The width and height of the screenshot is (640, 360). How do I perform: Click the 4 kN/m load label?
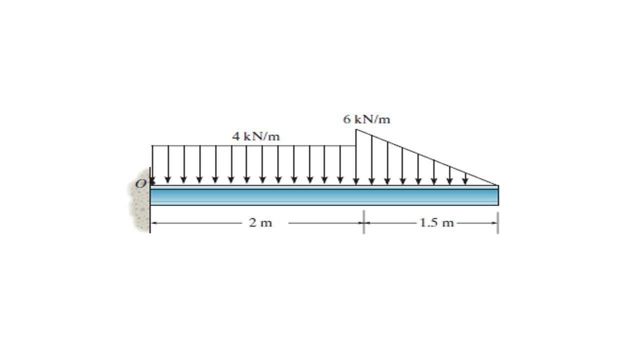point(255,136)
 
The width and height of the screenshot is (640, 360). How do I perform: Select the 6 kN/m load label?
point(366,119)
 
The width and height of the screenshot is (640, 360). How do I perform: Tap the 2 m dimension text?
point(260,223)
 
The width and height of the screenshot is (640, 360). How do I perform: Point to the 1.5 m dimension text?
point(436,223)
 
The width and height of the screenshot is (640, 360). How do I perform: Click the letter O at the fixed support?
point(140,184)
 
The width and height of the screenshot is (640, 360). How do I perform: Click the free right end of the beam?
point(497,195)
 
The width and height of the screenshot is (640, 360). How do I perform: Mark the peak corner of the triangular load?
point(356,129)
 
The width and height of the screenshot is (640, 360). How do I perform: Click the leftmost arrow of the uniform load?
point(152,165)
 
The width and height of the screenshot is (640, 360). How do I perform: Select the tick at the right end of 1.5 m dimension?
point(498,222)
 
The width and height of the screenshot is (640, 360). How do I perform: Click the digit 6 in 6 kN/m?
point(346,119)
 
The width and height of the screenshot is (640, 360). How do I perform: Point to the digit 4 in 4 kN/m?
point(235,136)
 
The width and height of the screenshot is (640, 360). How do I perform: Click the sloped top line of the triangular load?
point(425,157)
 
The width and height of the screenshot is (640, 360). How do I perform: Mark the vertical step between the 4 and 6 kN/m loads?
point(356,137)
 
